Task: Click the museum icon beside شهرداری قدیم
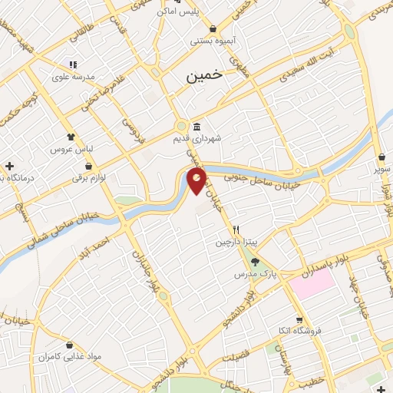[x=197, y=127]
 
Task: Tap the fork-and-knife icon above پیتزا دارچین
[x=236, y=230]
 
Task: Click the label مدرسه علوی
[x=72, y=77]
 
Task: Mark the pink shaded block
[x=312, y=285]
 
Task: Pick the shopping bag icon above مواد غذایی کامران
[x=71, y=346]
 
